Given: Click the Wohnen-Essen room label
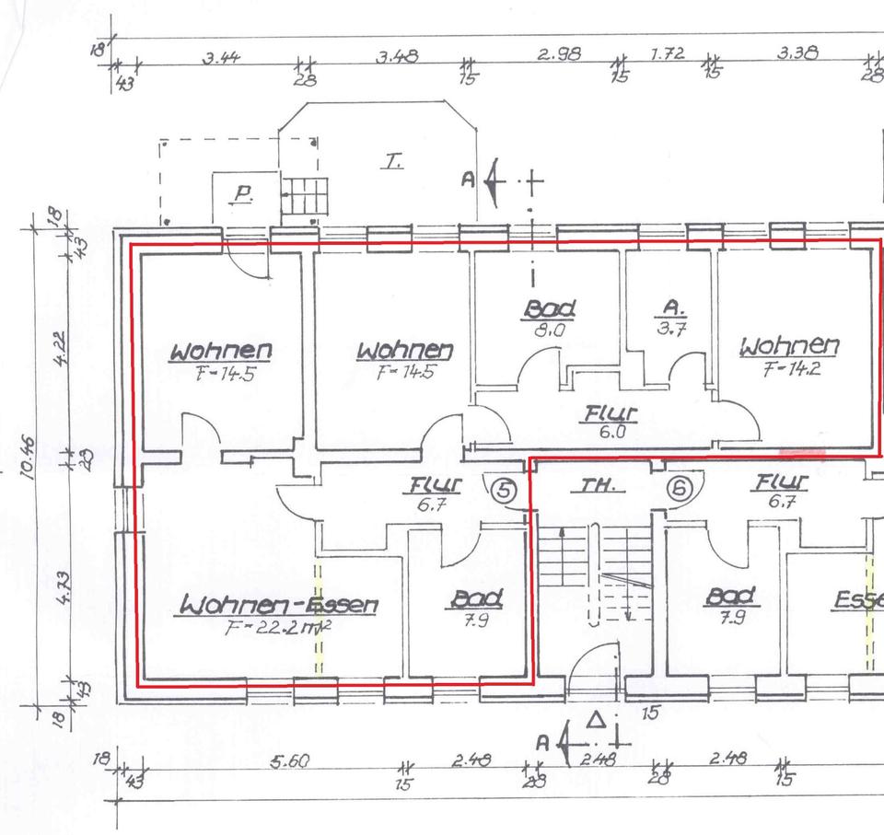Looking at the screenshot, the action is tap(279, 605).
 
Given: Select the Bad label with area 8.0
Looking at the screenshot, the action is tap(549, 308).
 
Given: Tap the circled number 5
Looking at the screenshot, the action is tap(503, 490).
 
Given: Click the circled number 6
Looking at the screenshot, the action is tap(679, 490).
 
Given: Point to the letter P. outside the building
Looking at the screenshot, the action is tap(243, 194).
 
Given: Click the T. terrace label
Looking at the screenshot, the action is tap(393, 163).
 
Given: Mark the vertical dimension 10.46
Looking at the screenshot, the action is tap(29, 458).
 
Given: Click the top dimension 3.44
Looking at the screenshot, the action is tap(222, 57).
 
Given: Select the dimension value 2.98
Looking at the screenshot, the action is tap(559, 54).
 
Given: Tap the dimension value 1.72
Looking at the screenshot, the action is tap(667, 53).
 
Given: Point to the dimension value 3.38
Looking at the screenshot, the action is tap(797, 53).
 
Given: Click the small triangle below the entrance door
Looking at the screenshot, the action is tap(596, 717).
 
